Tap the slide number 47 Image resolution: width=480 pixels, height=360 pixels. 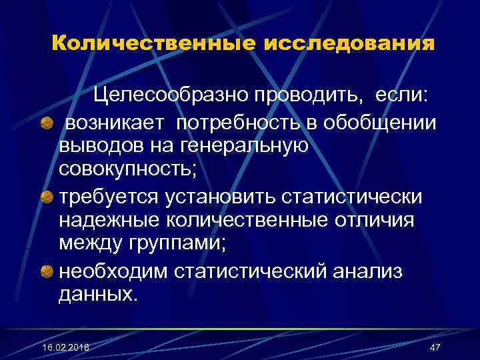(x=435, y=347)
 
